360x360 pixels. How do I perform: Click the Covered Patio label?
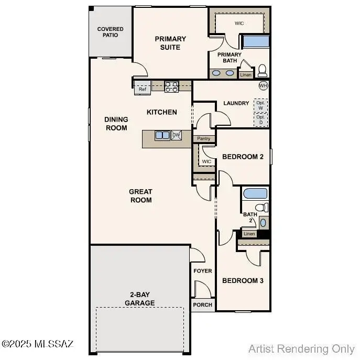(111, 32)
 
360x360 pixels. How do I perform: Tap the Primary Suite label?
(170, 43)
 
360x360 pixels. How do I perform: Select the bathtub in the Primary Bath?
(256, 41)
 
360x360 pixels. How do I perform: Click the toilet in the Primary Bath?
(262, 70)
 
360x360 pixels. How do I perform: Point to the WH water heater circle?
(263, 85)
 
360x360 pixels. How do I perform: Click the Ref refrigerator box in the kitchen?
(143, 89)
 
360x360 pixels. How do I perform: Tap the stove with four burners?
(172, 86)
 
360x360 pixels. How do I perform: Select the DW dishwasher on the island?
(176, 135)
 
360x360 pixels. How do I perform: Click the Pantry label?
(204, 139)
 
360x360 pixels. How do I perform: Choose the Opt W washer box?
(260, 104)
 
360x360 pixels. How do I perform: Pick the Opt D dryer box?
(260, 121)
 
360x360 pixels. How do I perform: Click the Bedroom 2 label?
(243, 157)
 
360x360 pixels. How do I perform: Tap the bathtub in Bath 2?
(255, 193)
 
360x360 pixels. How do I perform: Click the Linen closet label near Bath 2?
(249, 234)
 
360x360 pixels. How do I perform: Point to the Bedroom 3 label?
(243, 281)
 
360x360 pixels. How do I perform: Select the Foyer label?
(203, 271)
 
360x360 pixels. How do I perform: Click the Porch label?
(203, 304)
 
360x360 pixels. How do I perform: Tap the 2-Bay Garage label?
(139, 299)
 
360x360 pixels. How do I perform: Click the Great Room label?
(140, 196)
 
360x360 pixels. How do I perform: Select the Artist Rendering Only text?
(301, 348)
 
